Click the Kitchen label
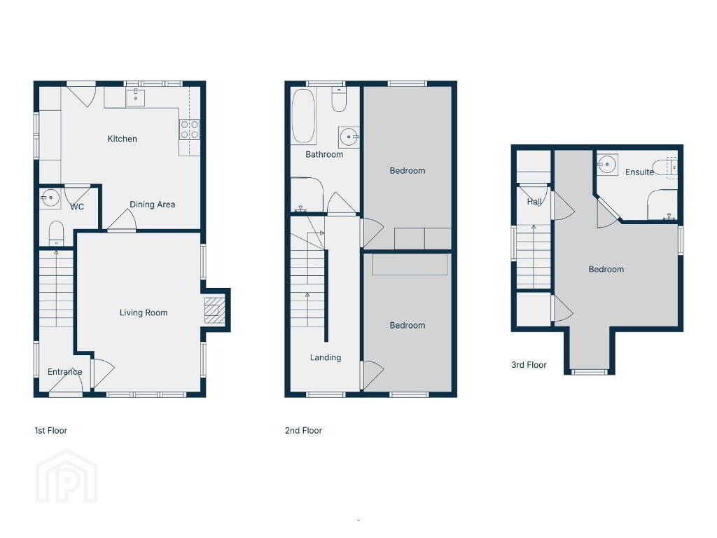[122, 139]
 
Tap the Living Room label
[144, 313]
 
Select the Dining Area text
[152, 205]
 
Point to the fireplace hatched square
[214, 310]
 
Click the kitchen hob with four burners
[189, 129]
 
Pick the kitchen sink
[135, 97]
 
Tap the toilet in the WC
[56, 234]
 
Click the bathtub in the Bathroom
[303, 116]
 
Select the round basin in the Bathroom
[350, 137]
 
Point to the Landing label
[326, 358]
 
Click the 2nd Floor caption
[304, 431]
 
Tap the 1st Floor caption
[50, 431]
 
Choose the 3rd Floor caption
[529, 365]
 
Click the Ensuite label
[639, 172]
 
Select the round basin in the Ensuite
[607, 164]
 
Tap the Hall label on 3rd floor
[534, 201]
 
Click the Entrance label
[65, 372]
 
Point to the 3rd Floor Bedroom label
[606, 270]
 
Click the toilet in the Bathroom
[339, 100]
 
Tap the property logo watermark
[67, 476]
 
